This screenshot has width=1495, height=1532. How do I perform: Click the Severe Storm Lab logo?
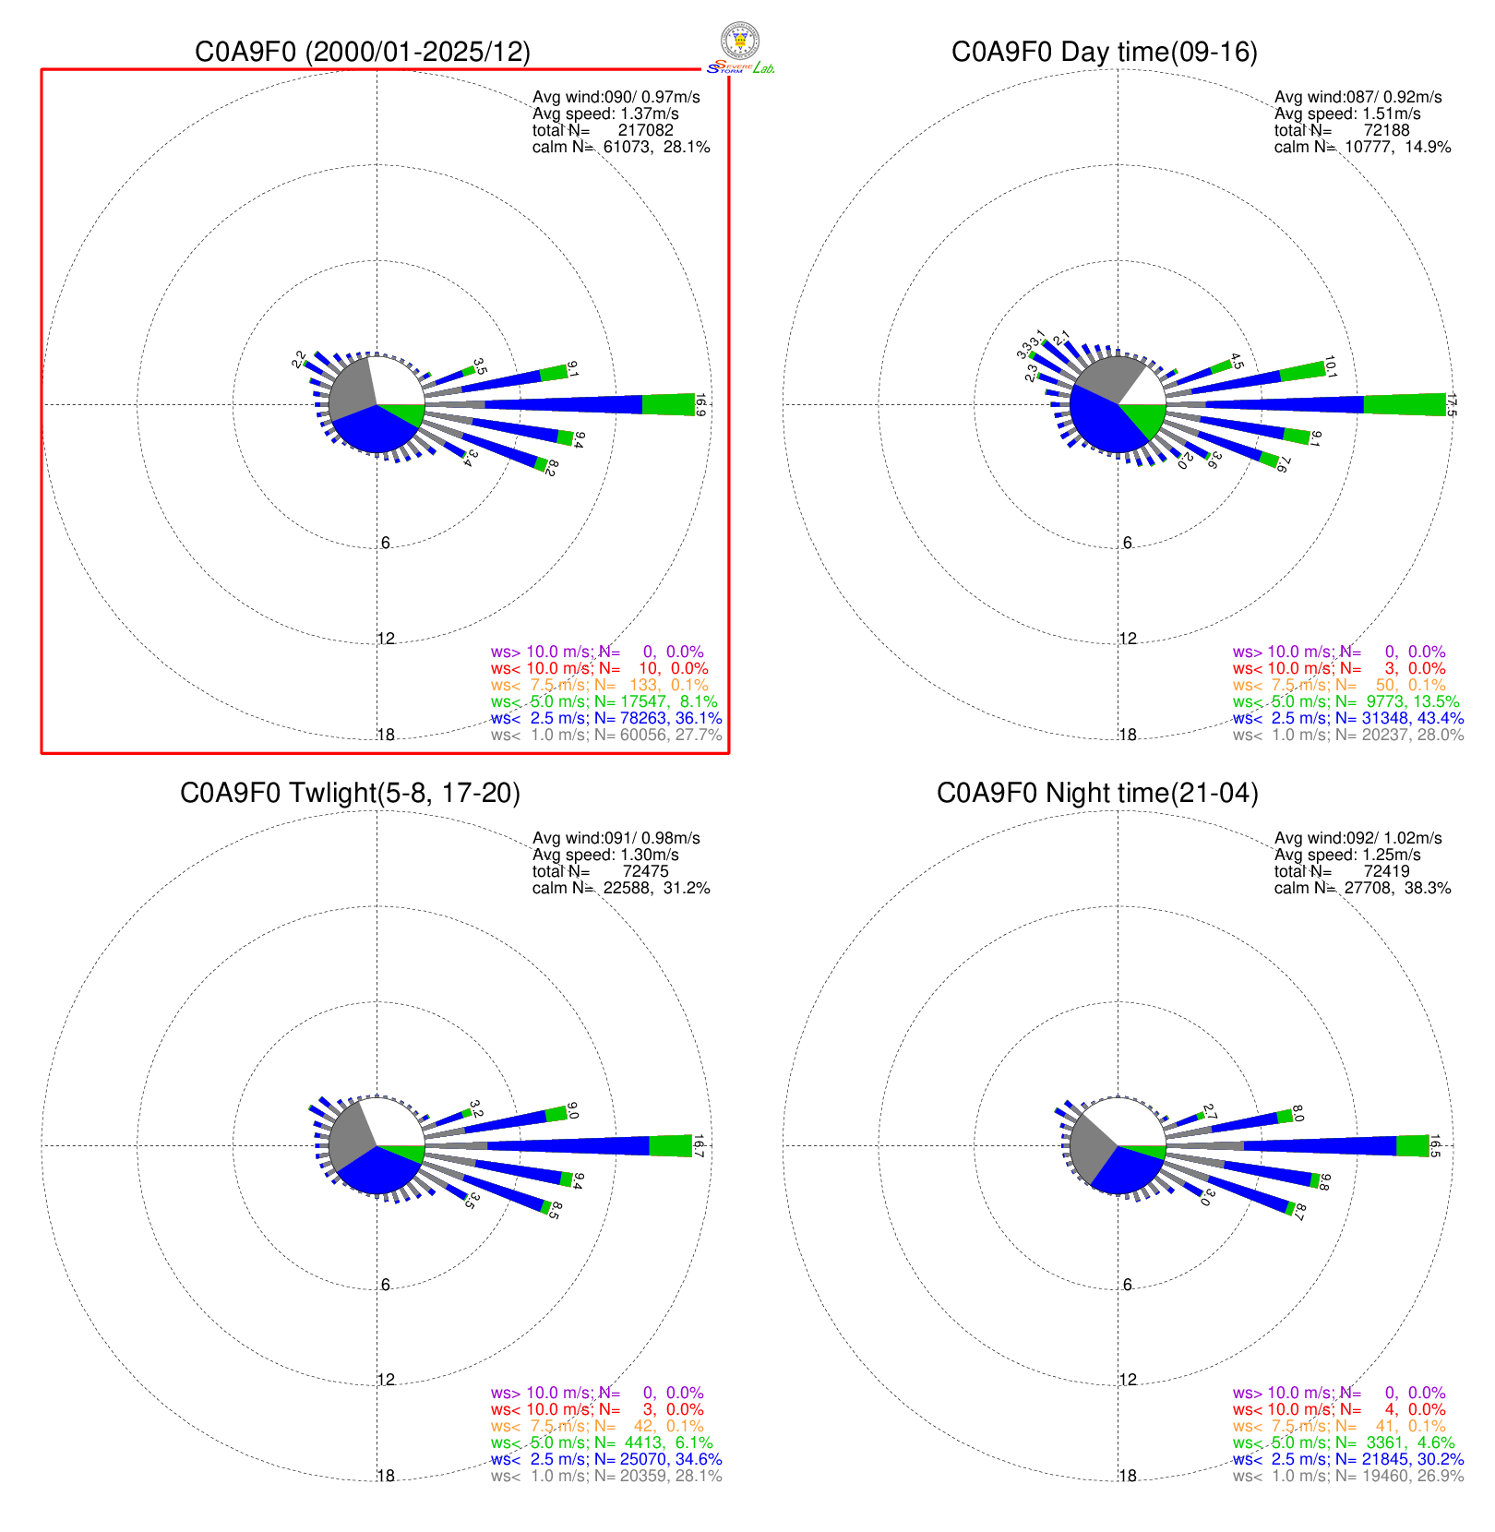point(740,48)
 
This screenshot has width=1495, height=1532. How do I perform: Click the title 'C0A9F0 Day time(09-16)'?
point(1104,52)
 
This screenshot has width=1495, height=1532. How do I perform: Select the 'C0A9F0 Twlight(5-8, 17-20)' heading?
point(350,793)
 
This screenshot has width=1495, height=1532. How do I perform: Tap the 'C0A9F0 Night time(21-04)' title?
point(1097,793)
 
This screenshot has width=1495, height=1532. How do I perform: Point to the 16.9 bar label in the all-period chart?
point(700,406)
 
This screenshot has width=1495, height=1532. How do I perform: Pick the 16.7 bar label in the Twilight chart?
point(699,1146)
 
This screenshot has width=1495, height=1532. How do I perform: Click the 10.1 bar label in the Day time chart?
point(1330,367)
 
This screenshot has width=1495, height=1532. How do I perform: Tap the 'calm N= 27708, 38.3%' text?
point(1362,888)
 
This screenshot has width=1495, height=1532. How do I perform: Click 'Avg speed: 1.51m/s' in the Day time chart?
point(1347,114)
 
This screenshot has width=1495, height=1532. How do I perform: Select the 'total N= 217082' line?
point(603,130)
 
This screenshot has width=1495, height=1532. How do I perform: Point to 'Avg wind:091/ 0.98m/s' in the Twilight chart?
point(616,838)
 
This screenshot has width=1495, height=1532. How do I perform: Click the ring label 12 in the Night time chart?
point(1128,1380)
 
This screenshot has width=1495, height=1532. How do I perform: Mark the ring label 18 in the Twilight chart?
point(386,1476)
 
